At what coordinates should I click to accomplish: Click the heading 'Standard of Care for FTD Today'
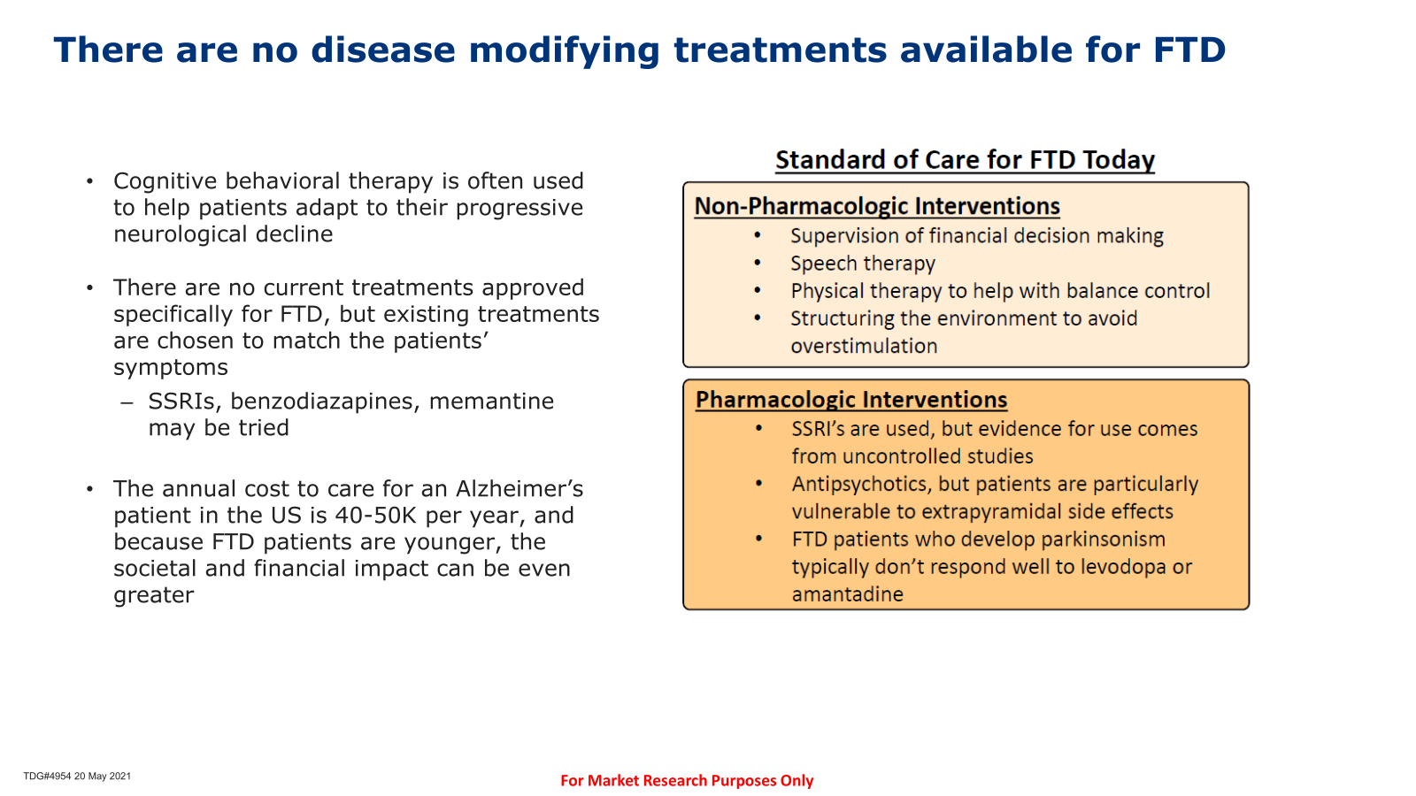965,160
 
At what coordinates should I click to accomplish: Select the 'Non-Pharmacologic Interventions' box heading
877,207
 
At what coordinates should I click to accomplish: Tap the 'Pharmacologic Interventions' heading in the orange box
851,400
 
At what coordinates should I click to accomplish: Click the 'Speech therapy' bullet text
863,264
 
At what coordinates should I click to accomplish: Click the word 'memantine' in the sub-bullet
491,402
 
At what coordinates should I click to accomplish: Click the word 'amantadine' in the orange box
848,594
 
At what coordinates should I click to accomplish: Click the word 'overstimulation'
864,346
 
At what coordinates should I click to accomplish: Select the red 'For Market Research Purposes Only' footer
687,781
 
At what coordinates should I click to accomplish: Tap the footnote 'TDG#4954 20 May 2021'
77,776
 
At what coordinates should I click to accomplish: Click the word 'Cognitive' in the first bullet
165,181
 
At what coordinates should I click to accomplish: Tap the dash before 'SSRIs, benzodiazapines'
127,402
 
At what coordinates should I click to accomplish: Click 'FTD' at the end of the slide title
1189,50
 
